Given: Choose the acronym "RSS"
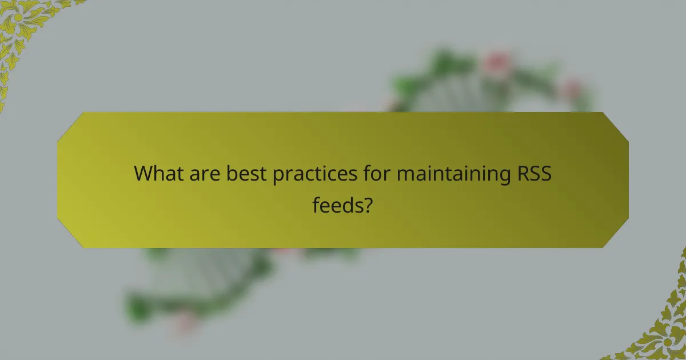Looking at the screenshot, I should [533, 173].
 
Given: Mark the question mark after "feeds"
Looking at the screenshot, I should [369, 204].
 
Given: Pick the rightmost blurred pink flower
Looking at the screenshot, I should [572, 89].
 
